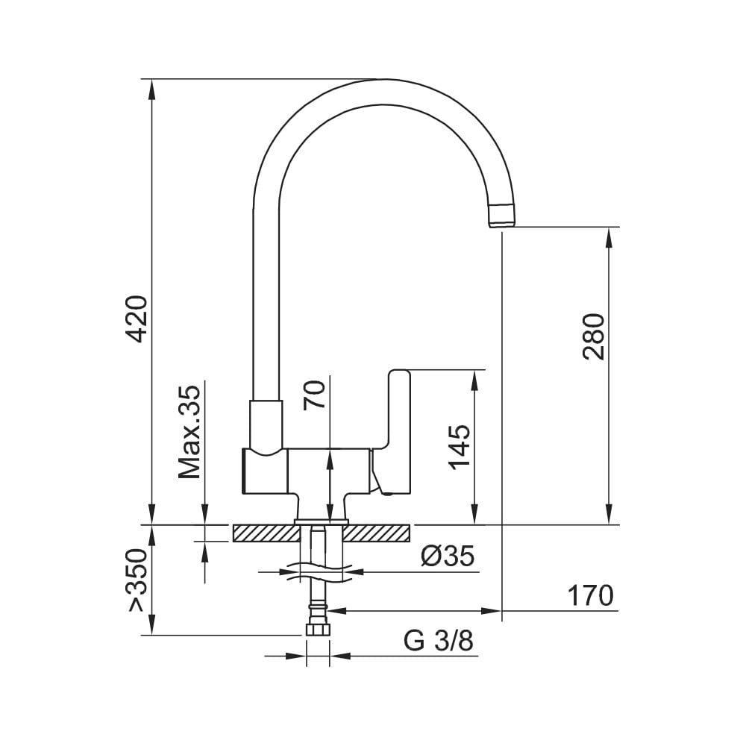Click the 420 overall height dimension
138,319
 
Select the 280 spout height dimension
595,336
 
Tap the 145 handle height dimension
460,447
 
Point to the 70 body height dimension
315,395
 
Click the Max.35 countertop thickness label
189,431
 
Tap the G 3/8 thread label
438,641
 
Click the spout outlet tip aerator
503,216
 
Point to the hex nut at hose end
318,630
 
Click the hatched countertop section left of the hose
266,533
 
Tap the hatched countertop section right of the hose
376,533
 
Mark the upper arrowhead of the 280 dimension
609,238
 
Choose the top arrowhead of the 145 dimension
474,380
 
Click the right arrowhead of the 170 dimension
491,611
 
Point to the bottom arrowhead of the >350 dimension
151,624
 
